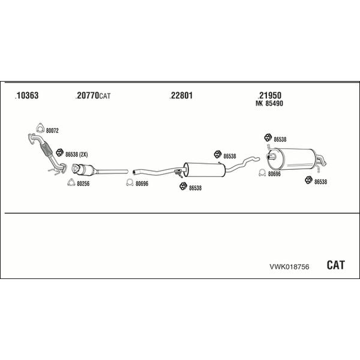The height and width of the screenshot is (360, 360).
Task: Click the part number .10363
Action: point(26,95)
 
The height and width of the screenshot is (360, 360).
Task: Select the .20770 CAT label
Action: point(93,95)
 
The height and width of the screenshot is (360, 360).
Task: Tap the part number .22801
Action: point(181,95)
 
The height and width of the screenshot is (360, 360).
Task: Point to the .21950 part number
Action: point(269,95)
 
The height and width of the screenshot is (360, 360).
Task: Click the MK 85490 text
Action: point(269,103)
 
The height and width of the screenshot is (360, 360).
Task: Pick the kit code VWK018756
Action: point(289,266)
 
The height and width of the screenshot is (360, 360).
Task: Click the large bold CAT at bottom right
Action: point(335,265)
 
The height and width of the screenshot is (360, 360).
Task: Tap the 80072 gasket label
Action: point(52,131)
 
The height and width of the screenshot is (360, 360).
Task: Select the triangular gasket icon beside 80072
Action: point(40,128)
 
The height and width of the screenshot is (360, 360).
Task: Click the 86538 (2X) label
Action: point(76,155)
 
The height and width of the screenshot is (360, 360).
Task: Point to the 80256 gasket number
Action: point(83,184)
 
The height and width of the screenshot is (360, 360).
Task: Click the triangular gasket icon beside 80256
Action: point(71,182)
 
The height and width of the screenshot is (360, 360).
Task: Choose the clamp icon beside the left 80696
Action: point(130,182)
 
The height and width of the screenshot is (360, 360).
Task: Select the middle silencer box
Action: point(205,170)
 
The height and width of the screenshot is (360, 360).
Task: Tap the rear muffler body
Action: point(292,159)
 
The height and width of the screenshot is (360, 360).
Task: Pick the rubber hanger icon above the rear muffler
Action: point(268,137)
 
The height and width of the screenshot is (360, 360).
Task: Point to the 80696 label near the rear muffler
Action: point(274,174)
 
